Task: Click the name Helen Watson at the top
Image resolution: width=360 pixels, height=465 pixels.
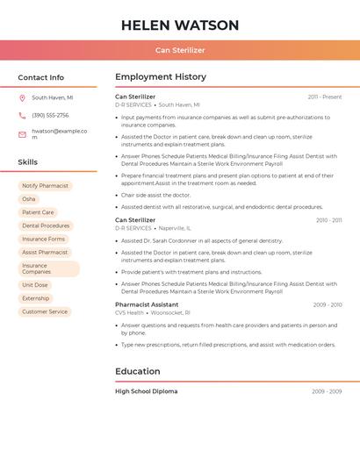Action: (x=180, y=25)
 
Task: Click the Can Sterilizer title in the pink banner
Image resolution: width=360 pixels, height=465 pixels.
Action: (x=180, y=50)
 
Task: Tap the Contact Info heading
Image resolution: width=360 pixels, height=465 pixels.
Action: (x=41, y=77)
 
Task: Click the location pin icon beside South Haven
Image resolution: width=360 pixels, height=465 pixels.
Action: (x=22, y=98)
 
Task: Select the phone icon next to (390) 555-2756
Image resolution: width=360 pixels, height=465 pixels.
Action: (x=22, y=116)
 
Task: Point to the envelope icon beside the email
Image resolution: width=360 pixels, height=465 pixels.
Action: (x=22, y=134)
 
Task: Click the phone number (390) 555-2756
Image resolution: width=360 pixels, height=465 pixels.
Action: (x=50, y=116)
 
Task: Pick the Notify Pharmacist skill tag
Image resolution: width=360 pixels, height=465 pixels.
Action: (x=45, y=186)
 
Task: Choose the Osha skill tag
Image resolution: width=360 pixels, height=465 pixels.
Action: (x=29, y=199)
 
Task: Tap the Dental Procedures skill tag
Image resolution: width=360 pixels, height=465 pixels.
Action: (x=46, y=225)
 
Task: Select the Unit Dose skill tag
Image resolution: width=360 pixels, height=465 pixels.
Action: (x=35, y=285)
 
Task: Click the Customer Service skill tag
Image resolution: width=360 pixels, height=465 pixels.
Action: (x=45, y=311)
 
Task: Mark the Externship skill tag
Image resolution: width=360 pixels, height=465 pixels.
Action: (x=36, y=298)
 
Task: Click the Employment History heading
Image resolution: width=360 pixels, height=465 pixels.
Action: (x=161, y=77)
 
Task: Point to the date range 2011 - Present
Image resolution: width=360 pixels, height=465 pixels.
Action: (x=325, y=97)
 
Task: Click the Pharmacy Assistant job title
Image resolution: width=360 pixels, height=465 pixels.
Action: (x=147, y=304)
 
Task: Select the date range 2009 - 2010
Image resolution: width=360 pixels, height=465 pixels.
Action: (x=328, y=304)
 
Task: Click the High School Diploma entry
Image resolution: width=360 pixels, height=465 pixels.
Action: (x=146, y=391)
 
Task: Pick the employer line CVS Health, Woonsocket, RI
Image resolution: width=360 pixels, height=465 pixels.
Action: (x=153, y=312)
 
